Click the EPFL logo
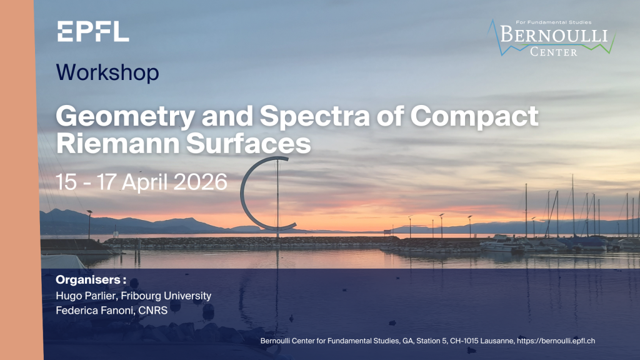[93, 31]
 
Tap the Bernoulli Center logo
[551, 37]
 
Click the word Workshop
[107, 72]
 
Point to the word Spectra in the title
[315, 116]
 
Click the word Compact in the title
[474, 116]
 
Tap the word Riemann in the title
[117, 143]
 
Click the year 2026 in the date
[201, 182]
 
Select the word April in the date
[145, 182]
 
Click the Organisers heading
[91, 280]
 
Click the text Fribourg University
[166, 296]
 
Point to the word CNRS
[153, 311]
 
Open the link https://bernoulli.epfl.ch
[556, 341]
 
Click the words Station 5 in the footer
[431, 341]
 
